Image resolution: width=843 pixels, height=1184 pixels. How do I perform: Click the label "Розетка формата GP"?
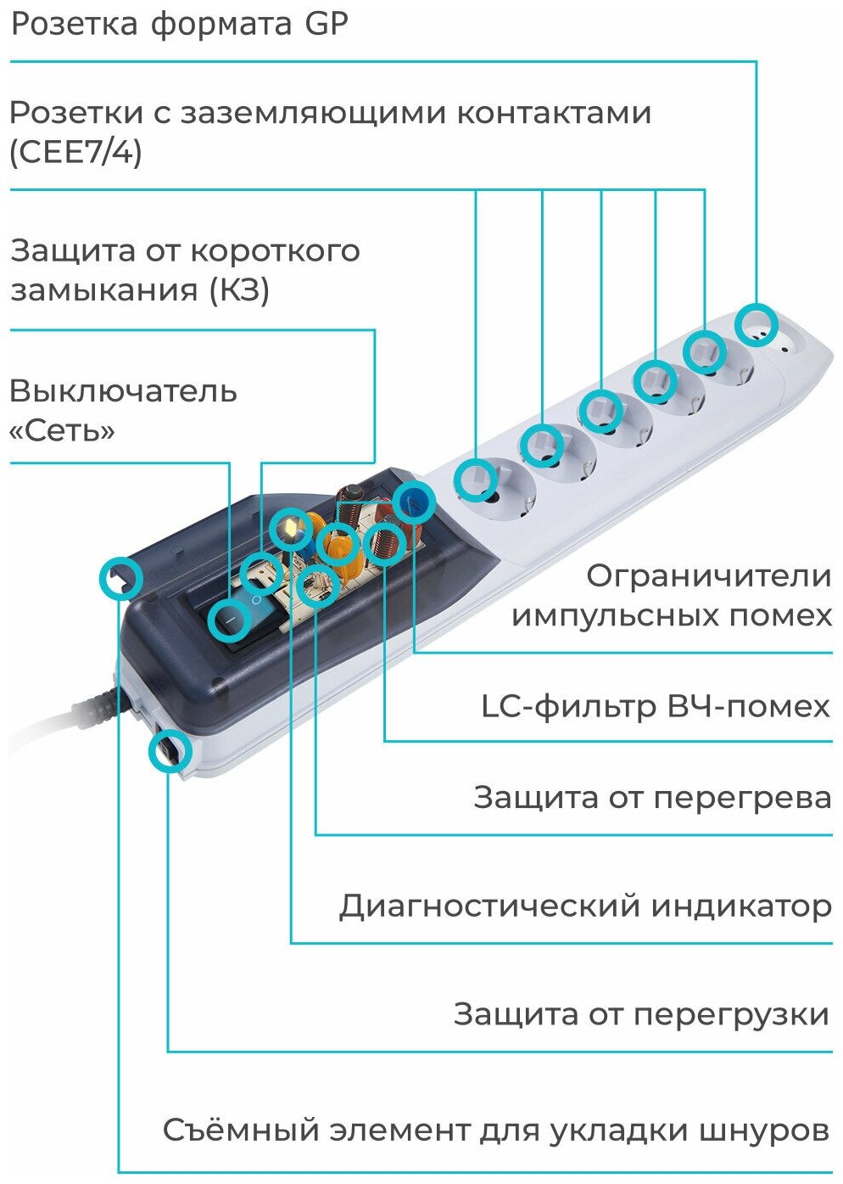[179, 24]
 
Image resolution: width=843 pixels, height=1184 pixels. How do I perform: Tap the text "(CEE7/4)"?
[75, 154]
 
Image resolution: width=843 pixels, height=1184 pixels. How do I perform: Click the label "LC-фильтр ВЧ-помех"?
[655, 706]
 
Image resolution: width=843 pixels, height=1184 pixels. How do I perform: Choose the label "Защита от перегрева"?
[652, 798]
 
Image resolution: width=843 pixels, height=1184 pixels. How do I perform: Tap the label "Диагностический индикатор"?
[585, 906]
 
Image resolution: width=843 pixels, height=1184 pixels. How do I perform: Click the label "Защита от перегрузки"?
[641, 1014]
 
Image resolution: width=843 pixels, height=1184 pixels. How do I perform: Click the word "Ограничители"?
[709, 576]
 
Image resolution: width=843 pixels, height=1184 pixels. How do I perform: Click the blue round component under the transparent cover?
[414, 501]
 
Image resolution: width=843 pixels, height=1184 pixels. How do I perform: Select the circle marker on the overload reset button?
[170, 751]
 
